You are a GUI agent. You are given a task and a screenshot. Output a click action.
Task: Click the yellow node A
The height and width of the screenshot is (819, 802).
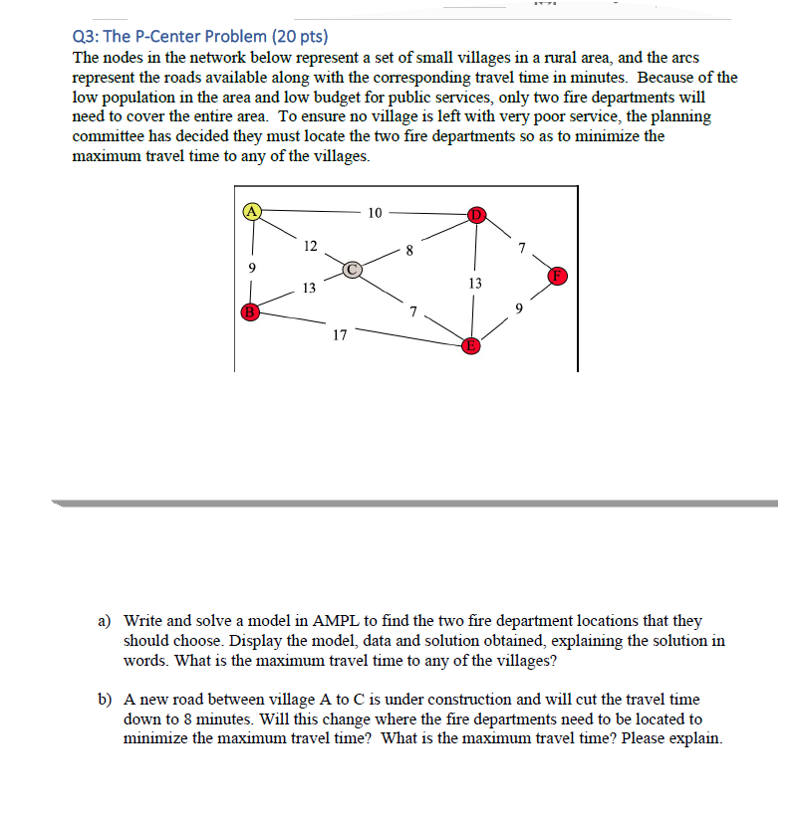point(253,210)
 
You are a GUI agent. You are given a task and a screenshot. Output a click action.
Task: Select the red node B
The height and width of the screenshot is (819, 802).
point(251,312)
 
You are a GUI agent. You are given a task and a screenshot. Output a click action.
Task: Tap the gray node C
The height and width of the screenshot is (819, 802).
point(353,268)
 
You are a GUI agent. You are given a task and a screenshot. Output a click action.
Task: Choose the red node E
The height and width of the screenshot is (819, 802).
point(470,346)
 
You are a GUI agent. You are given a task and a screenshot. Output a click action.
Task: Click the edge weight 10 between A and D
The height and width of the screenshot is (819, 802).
point(375,212)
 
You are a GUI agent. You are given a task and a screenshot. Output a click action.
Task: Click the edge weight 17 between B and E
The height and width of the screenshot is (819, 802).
point(340,335)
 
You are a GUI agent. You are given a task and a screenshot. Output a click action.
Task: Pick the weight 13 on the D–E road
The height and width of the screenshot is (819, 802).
point(474,284)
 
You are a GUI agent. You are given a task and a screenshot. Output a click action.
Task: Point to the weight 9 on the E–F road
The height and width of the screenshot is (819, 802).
point(519,307)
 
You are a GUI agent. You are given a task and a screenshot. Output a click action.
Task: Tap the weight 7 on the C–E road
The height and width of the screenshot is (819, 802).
point(411,311)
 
